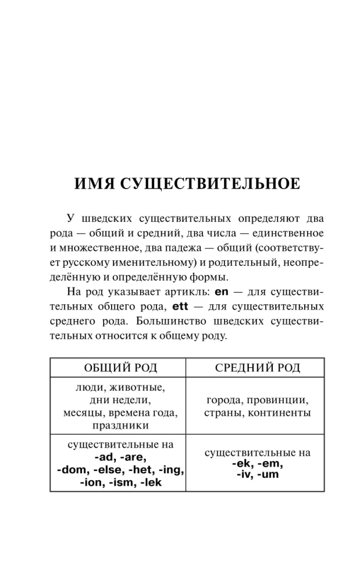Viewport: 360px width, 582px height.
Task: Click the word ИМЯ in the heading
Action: (x=95, y=184)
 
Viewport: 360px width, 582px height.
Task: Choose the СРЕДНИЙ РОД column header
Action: (x=257, y=367)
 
